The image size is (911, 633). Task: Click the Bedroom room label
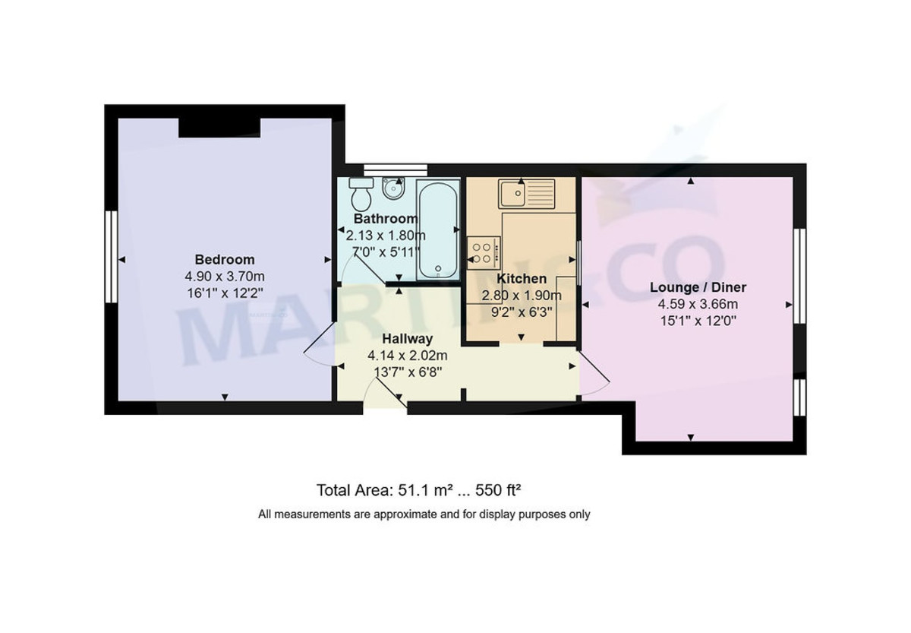[x=225, y=259]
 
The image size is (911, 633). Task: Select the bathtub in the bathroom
[x=438, y=230]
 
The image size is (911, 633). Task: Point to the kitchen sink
[x=526, y=194]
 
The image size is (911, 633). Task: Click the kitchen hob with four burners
[x=484, y=252]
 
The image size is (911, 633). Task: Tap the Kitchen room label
[x=521, y=279]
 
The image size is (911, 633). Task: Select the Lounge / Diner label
[x=698, y=287]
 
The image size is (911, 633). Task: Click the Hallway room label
[x=407, y=339]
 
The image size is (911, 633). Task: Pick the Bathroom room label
[x=386, y=219]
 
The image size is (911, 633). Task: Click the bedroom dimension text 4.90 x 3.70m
[x=225, y=276]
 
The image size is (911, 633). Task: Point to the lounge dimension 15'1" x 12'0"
[x=698, y=321]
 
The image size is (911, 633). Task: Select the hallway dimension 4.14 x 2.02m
[x=407, y=355]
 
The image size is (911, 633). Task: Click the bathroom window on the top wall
[x=395, y=169]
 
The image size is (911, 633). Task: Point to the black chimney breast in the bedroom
[x=220, y=127]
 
